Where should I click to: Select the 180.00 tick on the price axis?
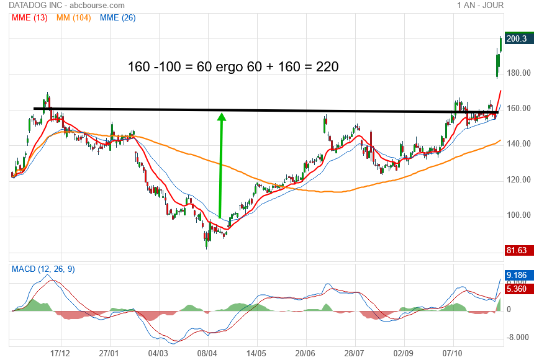[x=518, y=73]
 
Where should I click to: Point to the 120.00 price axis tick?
[x=518, y=180]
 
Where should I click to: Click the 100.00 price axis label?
[x=518, y=215]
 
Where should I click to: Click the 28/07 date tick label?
[x=355, y=352]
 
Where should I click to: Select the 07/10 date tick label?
[x=453, y=352]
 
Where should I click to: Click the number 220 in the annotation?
[x=327, y=66]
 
